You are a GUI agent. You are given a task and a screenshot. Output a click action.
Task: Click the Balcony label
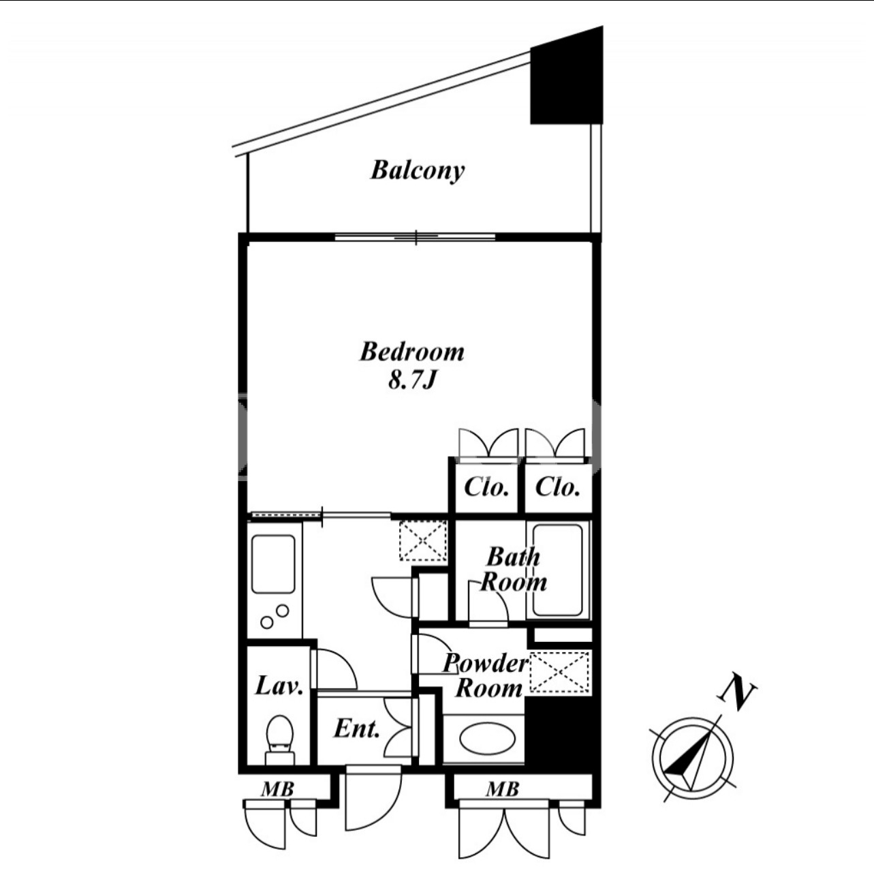click(418, 171)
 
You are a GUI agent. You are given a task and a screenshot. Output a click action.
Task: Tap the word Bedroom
click(412, 352)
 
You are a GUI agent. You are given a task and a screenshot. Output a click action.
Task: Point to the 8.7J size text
click(412, 380)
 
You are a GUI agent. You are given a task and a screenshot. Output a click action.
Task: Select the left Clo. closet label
click(486, 488)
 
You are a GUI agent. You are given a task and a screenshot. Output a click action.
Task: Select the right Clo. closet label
click(557, 488)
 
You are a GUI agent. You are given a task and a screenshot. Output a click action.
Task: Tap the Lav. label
click(279, 686)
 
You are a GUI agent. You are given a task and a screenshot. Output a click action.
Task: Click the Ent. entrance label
click(356, 729)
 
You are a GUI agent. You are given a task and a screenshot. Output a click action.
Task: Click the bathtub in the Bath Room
click(558, 570)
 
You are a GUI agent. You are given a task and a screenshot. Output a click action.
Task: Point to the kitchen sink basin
click(273, 564)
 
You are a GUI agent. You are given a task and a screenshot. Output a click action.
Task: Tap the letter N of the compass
click(736, 694)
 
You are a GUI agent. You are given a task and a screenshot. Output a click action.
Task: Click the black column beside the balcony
click(567, 75)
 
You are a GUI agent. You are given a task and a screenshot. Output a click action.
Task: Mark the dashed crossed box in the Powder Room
click(561, 672)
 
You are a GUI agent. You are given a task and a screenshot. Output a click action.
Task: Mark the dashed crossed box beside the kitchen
click(423, 541)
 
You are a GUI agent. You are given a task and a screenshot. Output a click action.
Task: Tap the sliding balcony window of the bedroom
click(416, 236)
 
